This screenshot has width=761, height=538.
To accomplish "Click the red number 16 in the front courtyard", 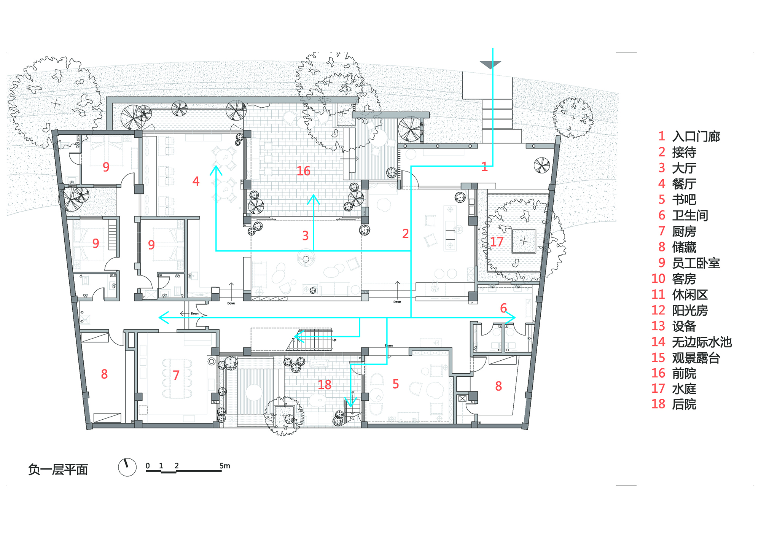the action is point(304,171).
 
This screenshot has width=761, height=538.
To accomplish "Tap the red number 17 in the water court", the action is point(497,242).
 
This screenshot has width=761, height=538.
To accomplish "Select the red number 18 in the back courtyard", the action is point(325,385).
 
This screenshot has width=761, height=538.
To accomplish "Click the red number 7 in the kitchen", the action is point(176,375).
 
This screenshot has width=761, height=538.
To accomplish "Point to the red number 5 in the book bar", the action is point(396,384).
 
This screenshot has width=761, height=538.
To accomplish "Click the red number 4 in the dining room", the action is point(196,181).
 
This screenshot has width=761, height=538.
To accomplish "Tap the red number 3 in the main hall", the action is point(305,236).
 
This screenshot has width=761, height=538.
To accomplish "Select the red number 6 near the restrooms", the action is point(503,308).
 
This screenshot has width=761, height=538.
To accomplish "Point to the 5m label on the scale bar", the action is point(225,466).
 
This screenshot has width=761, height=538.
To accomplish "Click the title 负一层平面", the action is point(58,470).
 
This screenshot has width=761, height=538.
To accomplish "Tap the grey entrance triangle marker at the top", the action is point(490,65).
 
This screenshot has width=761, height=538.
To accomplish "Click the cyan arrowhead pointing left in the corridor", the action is point(164,317).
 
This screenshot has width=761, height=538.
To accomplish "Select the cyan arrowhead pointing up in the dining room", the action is point(216,170).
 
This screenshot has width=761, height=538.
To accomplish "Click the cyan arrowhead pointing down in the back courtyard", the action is point(351,403).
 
